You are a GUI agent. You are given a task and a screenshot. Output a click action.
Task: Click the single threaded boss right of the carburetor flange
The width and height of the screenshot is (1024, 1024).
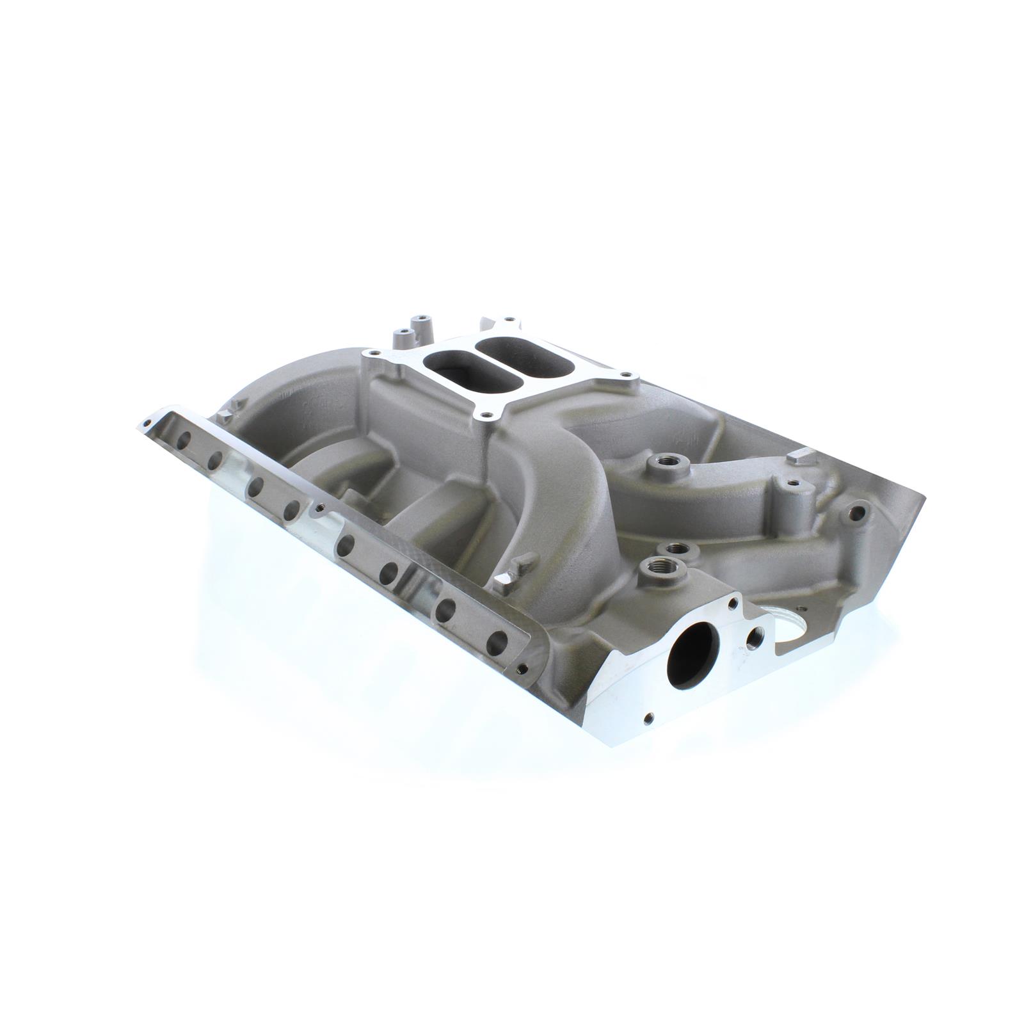656,461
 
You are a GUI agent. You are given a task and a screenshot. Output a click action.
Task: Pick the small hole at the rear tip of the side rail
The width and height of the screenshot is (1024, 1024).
148,423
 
